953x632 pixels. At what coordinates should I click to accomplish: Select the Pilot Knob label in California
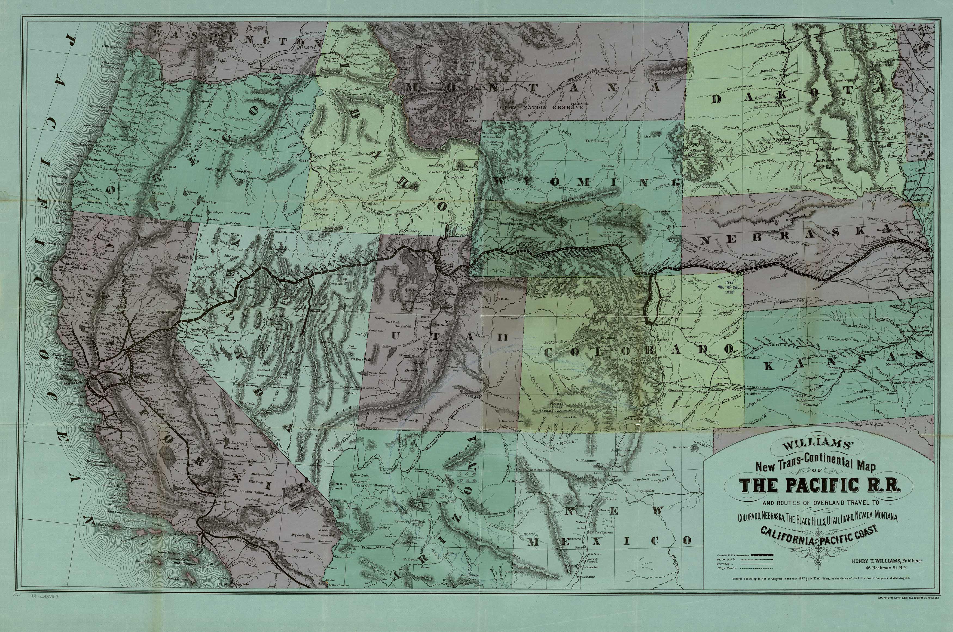[256, 482]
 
